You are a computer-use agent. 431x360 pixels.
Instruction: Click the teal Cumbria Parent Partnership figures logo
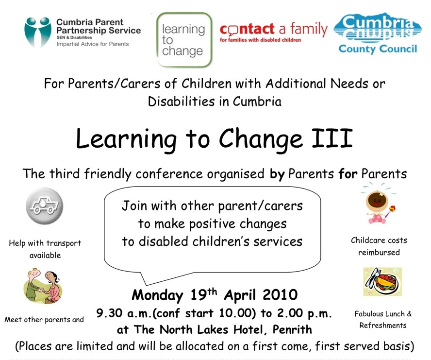point(38,32)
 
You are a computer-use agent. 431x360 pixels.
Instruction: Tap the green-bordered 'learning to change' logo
point(184,40)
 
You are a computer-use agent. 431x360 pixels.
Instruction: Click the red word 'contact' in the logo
point(247,29)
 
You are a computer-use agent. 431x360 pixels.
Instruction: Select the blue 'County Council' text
point(378,49)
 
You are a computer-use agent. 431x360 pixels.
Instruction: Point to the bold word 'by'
point(277,174)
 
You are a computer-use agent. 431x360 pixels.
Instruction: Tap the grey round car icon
point(45,206)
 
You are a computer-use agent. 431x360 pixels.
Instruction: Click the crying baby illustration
point(379,203)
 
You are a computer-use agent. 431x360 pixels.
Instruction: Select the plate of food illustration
point(382,282)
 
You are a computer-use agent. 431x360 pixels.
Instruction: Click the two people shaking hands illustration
point(43,286)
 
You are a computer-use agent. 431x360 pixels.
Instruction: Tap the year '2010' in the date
point(280,295)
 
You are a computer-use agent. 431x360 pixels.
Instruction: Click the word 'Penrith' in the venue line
point(292,329)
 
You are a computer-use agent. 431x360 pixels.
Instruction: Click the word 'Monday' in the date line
point(158,295)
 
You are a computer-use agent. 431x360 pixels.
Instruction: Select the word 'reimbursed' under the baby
point(379,252)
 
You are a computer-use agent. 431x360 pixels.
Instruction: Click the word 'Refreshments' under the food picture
point(383,326)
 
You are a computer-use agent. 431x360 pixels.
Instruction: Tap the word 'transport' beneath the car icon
point(64,243)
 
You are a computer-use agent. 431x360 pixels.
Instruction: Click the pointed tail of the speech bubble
point(146,285)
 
